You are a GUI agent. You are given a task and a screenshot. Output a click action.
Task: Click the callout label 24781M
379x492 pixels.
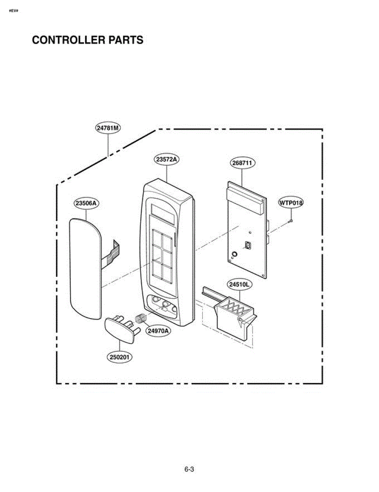click(108, 128)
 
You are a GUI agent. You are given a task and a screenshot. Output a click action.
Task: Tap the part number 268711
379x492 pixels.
click(242, 163)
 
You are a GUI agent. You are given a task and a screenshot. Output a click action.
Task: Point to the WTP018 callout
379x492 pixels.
click(291, 202)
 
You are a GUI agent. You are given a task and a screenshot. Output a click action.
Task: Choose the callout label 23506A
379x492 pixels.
click(87, 203)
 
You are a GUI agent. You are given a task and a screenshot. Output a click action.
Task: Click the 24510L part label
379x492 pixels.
click(239, 283)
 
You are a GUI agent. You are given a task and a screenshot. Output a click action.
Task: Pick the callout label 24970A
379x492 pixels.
click(158, 330)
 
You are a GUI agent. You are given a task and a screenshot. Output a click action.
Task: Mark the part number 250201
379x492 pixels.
click(120, 357)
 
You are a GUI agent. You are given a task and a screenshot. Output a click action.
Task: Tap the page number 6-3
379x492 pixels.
click(189, 469)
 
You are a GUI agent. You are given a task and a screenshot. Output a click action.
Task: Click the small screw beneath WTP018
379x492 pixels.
click(290, 221)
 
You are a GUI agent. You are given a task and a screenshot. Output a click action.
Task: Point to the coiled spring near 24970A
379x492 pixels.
click(141, 318)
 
